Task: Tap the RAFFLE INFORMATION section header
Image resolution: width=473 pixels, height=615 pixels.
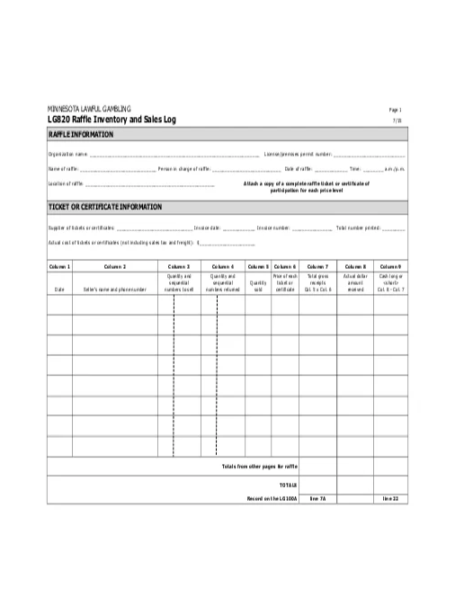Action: coord(81,135)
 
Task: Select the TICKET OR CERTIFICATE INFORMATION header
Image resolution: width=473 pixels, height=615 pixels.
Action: coord(104,207)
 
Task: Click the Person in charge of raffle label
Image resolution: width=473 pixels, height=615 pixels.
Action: coord(183,169)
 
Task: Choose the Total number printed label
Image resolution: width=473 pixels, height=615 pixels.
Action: coord(358,227)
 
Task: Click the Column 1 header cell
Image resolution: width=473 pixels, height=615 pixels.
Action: coord(59,267)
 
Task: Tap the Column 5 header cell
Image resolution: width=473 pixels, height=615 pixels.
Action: coord(258,267)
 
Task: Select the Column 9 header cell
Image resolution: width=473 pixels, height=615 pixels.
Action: coord(391,267)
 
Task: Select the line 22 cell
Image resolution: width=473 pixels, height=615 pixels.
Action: coord(390,497)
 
